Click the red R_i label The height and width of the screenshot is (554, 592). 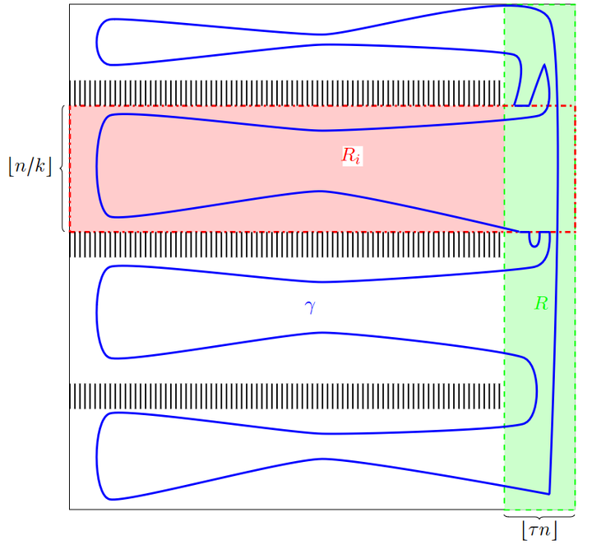[352, 156]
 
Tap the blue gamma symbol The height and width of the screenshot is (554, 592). [310, 307]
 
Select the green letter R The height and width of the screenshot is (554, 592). [541, 303]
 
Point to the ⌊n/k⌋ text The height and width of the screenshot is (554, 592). [30, 166]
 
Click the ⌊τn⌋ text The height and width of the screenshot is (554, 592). [539, 530]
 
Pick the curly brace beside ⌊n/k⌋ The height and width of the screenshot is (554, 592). [62, 169]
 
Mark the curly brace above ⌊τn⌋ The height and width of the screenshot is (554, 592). [539, 515]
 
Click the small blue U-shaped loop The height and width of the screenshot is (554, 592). [534, 239]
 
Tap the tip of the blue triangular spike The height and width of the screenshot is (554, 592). [544, 65]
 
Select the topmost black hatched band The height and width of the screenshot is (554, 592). [286, 93]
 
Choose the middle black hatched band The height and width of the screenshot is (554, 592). [286, 245]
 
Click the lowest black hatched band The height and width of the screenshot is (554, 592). [286, 396]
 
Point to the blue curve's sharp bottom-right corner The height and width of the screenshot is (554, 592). [549, 494]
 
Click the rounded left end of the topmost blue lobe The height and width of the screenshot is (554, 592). [97, 42]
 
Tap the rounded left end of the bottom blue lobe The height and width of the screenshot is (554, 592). [97, 456]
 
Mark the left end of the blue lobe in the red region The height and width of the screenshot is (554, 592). [97, 165]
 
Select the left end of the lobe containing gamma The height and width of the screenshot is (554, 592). [97, 312]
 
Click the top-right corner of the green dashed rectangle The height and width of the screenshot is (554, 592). [575, 5]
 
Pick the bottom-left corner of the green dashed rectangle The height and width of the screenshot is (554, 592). [504, 510]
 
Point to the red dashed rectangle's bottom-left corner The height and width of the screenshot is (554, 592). [70, 231]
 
